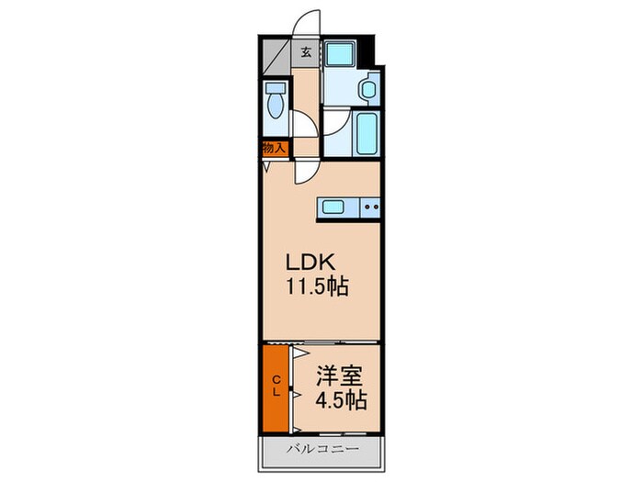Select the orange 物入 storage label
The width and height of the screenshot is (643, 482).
click(274, 148)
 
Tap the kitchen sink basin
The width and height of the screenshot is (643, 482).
click(333, 208)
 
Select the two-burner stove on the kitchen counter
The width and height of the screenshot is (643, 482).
click(370, 208)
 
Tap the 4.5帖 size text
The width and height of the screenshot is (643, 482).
click(341, 401)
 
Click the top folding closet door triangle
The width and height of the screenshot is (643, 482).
click(299, 353)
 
